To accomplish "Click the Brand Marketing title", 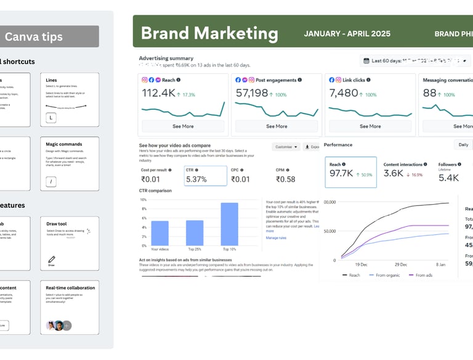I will click(x=209, y=33).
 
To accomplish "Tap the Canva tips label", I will click(x=34, y=37).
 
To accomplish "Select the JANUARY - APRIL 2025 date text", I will click(x=347, y=34).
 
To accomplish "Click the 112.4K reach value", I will click(x=159, y=93).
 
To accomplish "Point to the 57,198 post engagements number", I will click(x=253, y=93).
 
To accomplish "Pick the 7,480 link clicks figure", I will click(x=344, y=93).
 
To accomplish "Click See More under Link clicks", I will click(x=370, y=126).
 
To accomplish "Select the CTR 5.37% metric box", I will click(x=206, y=176).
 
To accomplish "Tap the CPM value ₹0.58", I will click(x=286, y=179).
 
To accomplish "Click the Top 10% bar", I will click(x=229, y=224).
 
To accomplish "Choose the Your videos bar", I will click(x=160, y=233).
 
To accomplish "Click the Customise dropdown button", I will click(x=286, y=147).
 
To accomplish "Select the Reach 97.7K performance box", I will click(x=350, y=171).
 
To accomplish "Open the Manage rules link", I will click(x=276, y=237).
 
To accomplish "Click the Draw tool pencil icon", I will click(x=52, y=259).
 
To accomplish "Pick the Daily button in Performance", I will click(x=463, y=145).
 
